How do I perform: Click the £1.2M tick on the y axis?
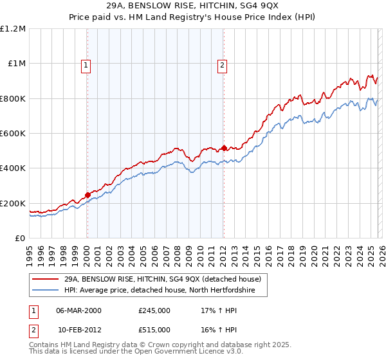click(13, 28)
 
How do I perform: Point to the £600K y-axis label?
click(13, 134)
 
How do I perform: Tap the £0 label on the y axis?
click(19, 239)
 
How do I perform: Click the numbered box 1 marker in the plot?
click(86, 64)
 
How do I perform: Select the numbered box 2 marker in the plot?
click(222, 64)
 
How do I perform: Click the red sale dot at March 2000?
click(88, 195)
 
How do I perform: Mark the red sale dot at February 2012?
click(224, 148)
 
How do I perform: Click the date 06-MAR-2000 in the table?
click(79, 310)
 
